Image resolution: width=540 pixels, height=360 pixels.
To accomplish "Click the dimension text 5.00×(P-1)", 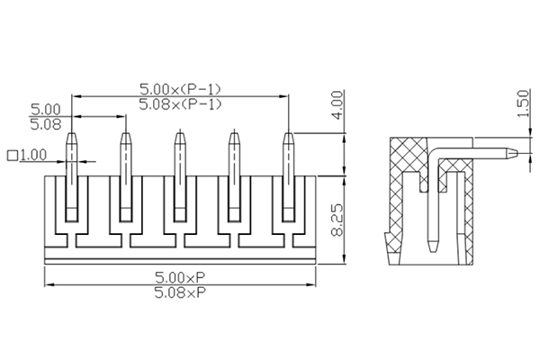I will coord(180,89).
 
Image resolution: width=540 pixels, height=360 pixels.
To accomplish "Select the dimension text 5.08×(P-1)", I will coord(180,104).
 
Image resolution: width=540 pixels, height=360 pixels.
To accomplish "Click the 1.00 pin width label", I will coord(32,155).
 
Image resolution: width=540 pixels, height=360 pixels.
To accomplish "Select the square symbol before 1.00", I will coord(12,155).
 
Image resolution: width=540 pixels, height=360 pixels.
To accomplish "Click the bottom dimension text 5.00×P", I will coord(180,277).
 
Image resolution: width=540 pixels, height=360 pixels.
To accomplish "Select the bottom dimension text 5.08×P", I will coord(180,292).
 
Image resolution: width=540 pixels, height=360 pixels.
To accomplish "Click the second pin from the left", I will coord(126,180).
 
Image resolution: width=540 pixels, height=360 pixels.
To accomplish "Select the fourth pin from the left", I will coord(235,180).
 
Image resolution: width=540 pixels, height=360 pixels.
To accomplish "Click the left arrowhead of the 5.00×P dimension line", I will coord(48,285).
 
